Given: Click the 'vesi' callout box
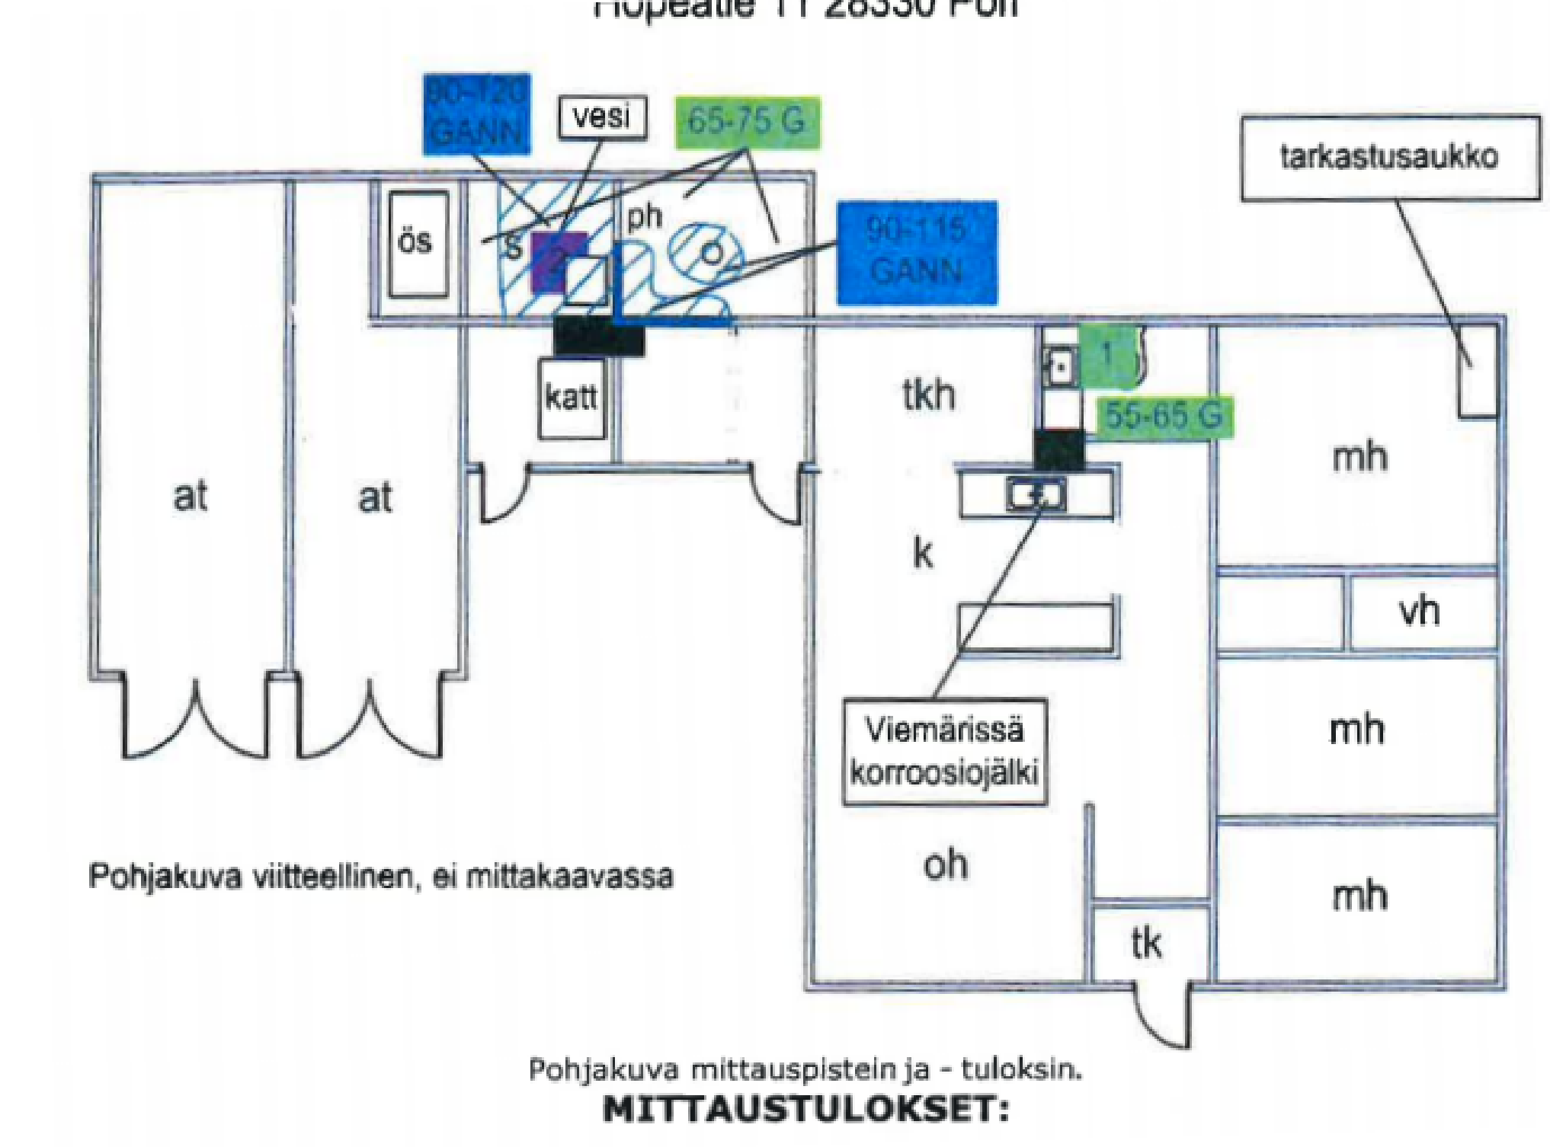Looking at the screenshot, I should click(x=602, y=117).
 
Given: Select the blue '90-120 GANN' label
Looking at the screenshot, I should click(x=476, y=114).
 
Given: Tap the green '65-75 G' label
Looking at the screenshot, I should click(x=747, y=121).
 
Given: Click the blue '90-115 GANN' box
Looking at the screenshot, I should click(x=917, y=252).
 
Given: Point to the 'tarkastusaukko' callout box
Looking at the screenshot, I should click(x=1390, y=158).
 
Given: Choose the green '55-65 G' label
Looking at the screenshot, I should click(x=1164, y=416).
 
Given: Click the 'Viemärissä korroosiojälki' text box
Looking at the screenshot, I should click(x=944, y=752).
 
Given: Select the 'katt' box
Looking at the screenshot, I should click(x=572, y=398).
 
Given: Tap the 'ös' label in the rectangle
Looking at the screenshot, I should click(x=416, y=242).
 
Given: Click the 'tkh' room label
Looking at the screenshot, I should click(x=929, y=395).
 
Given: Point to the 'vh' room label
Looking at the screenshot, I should click(x=1419, y=612).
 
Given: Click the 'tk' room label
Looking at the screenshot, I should click(x=1146, y=944).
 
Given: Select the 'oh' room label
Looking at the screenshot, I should click(x=946, y=865).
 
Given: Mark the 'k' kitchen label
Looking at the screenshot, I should click(x=923, y=553).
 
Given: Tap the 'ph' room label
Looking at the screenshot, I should click(x=645, y=217).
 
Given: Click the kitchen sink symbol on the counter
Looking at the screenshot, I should click(x=1036, y=495).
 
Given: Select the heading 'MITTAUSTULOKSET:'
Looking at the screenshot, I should click(x=805, y=1109).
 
